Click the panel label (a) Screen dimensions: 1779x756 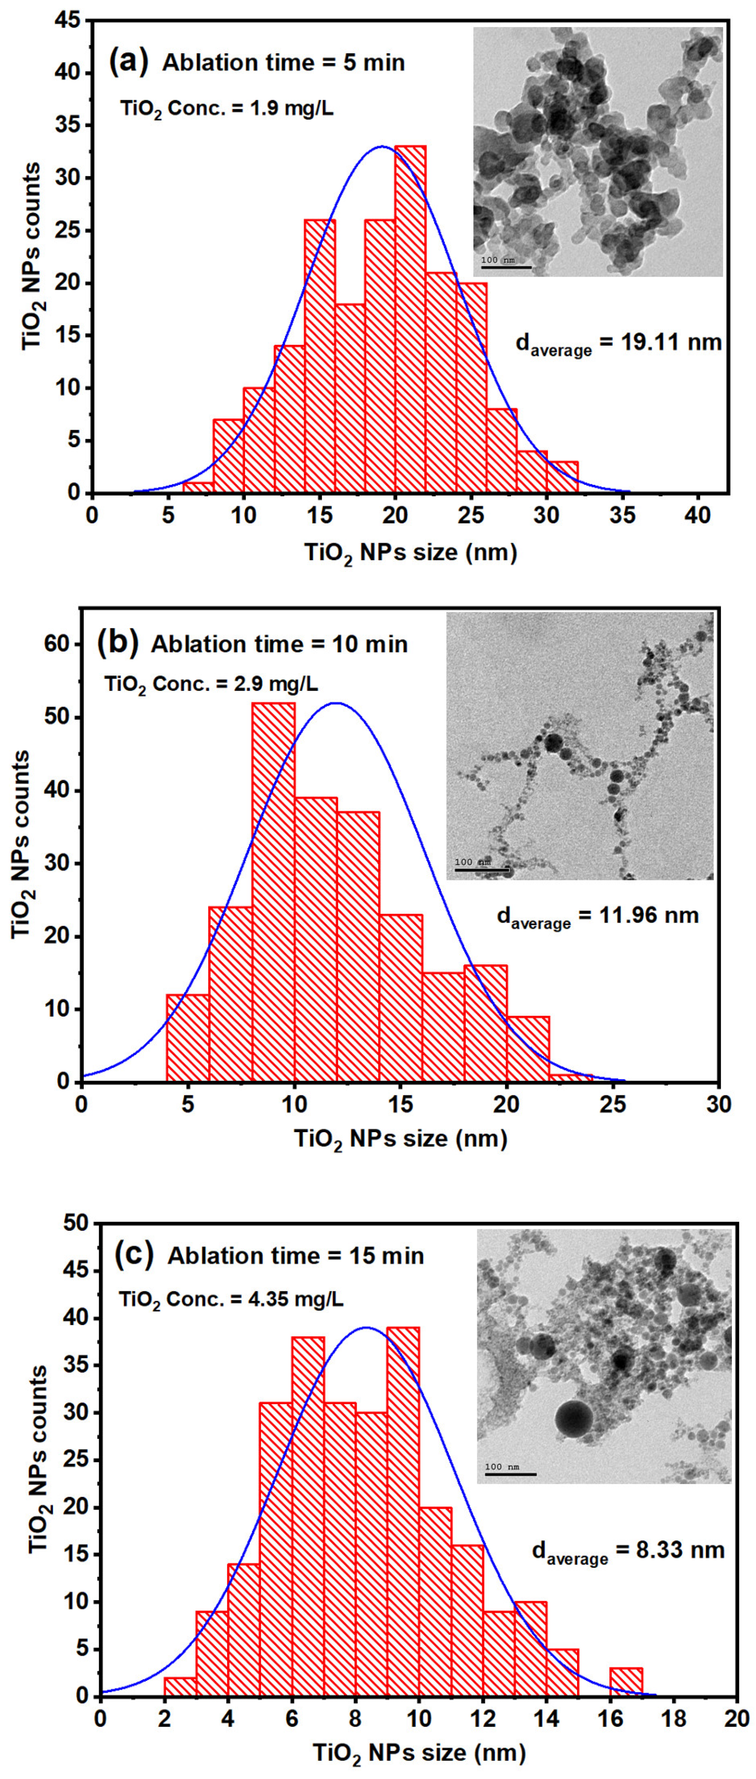click(x=129, y=62)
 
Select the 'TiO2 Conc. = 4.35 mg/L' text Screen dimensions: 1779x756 click(x=231, y=1299)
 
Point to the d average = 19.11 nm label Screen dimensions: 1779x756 click(x=619, y=343)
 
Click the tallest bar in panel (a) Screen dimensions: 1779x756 click(x=410, y=318)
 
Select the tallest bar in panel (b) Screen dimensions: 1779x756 click(x=273, y=891)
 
